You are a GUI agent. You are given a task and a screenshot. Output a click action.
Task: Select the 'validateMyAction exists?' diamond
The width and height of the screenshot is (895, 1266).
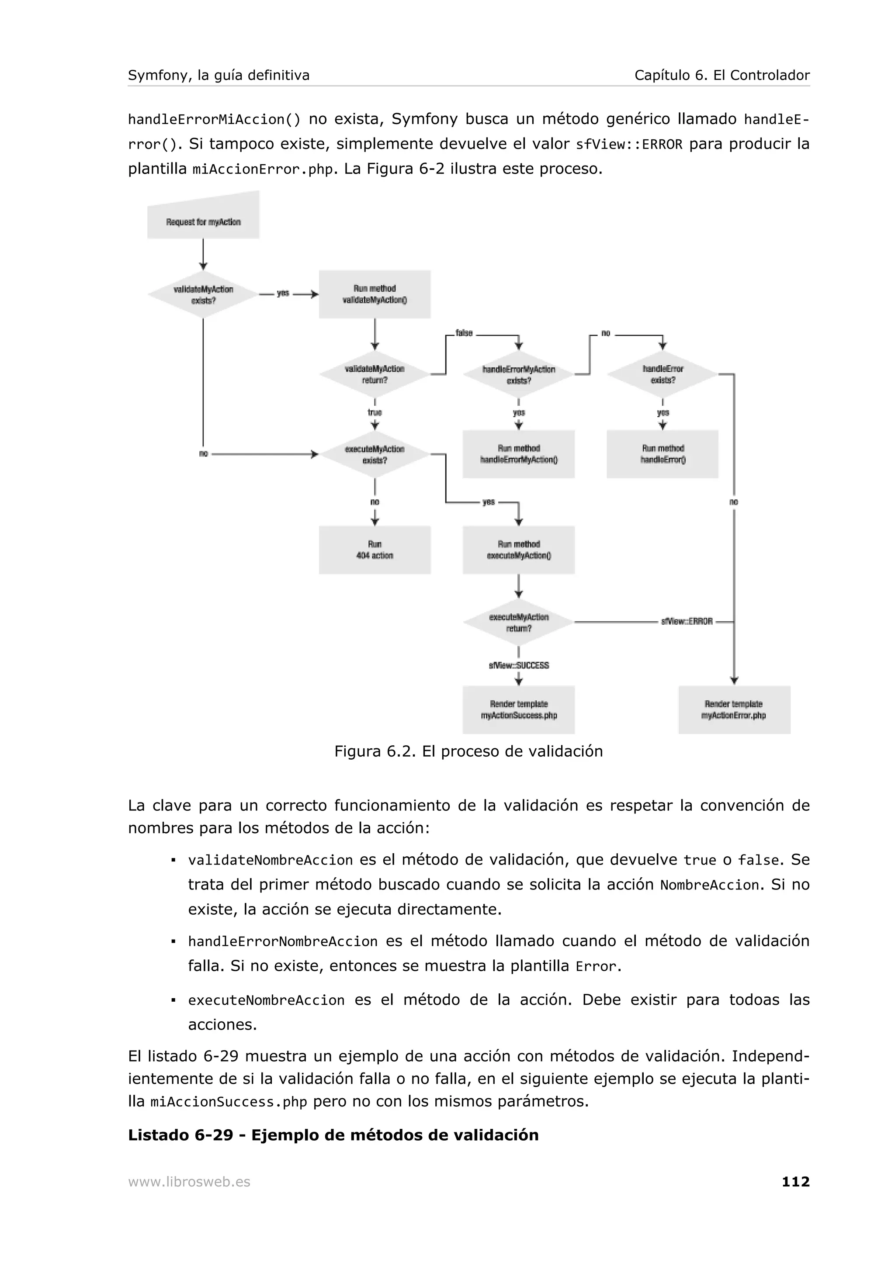203,294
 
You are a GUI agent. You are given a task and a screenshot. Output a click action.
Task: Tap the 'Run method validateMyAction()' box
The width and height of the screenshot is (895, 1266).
375,294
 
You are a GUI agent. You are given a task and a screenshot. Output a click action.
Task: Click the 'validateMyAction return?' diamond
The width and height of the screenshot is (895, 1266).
375,374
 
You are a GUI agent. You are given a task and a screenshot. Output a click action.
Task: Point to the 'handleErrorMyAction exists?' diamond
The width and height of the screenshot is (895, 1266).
518,374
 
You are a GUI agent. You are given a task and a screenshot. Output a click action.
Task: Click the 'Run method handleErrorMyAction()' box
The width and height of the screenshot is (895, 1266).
518,454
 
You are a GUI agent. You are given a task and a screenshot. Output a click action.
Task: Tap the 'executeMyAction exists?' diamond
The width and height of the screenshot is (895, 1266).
375,454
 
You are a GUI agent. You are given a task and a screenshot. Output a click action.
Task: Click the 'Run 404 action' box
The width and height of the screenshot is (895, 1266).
375,550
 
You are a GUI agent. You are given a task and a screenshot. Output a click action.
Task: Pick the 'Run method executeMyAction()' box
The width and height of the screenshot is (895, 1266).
518,550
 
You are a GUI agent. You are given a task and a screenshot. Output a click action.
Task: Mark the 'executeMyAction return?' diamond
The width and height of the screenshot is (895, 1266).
518,623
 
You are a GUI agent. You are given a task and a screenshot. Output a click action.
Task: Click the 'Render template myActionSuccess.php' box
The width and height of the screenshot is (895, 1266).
518,709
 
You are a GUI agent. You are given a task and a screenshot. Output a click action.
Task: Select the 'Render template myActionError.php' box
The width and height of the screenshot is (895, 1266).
734,709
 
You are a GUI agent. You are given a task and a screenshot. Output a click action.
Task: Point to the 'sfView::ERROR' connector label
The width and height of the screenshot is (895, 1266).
687,621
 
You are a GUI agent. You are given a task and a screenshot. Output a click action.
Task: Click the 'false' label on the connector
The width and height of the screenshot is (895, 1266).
464,333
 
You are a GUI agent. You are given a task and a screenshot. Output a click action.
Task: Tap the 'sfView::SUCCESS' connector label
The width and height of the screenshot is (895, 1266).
518,665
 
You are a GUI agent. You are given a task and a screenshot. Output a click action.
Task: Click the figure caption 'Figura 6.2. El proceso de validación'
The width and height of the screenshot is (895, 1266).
468,751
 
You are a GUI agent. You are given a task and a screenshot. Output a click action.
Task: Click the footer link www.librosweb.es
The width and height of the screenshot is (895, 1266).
189,1182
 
